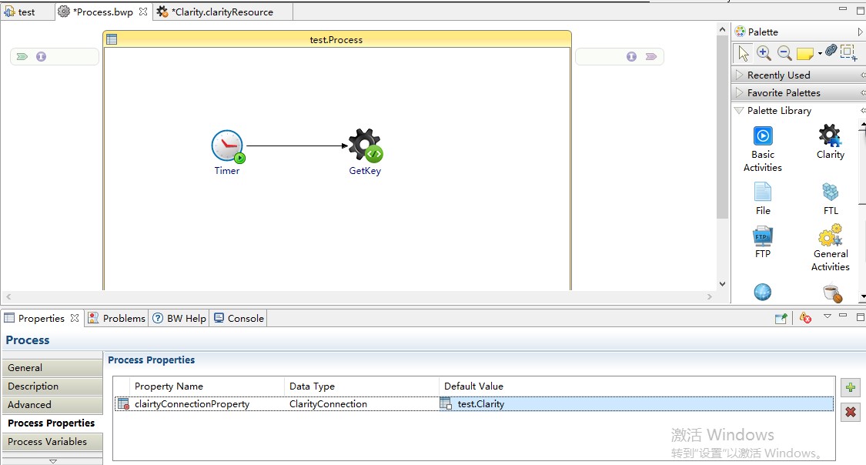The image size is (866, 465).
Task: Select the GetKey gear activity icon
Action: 365,146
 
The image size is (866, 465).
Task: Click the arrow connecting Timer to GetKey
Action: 297,146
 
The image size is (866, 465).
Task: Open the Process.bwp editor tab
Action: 102,12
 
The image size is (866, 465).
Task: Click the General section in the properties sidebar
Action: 52,368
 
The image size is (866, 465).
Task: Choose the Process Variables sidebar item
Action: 52,442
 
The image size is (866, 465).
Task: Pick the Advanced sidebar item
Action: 52,405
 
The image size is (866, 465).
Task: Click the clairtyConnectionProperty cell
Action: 192,403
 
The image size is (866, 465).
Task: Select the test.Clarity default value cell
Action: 480,403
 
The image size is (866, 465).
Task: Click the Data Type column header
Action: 312,386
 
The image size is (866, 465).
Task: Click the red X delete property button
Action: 851,412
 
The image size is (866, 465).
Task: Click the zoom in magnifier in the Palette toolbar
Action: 764,52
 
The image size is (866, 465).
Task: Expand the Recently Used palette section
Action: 779,75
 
